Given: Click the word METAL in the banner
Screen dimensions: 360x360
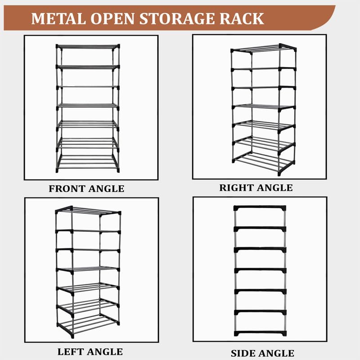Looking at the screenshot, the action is click(58, 18).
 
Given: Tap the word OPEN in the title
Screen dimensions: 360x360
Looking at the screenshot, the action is click(112, 18).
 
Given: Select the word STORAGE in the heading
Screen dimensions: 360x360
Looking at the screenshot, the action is click(177, 18).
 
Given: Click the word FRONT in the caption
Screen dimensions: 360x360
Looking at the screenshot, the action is click(67, 189).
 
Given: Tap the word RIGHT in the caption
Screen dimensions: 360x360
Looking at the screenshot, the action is click(236, 188).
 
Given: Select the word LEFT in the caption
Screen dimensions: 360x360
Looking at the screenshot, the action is click(70, 352).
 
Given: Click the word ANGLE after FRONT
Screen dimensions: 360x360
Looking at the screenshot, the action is click(106, 189).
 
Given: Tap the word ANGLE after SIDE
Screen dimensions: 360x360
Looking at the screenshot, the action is click(276, 353).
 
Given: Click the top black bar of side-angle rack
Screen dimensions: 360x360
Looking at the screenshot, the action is click(260, 208).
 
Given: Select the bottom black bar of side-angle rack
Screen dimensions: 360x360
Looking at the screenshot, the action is click(260, 333).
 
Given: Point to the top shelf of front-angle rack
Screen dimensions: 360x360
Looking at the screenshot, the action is click(88, 47).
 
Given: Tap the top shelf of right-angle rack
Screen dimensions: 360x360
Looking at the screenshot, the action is click(264, 49).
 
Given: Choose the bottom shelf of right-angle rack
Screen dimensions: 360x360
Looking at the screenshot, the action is click(263, 162).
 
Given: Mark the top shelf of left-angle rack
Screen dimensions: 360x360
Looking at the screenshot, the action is click(88, 211).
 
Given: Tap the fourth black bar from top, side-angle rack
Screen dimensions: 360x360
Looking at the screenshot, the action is click(260, 270).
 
